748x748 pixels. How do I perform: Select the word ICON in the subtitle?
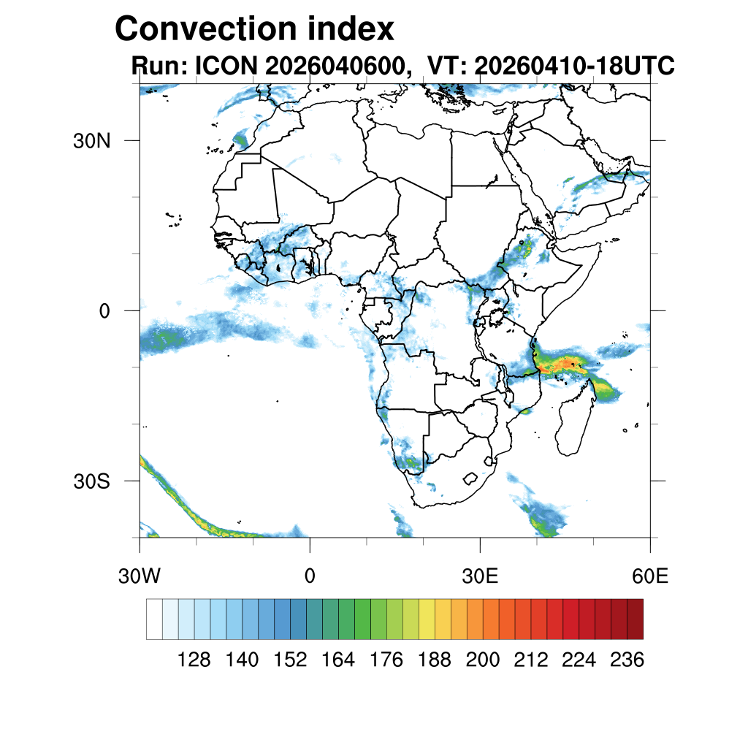click(226, 65)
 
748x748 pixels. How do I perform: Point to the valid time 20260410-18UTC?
click(574, 65)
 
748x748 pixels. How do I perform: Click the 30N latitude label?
click(91, 141)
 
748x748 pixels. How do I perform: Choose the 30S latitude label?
click(91, 482)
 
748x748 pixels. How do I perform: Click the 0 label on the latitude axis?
click(104, 311)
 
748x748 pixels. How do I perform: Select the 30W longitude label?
click(140, 576)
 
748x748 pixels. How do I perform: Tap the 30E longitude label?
click(480, 576)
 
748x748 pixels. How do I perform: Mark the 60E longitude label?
click(650, 576)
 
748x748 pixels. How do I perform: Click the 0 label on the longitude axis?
click(310, 576)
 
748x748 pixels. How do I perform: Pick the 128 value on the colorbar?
click(194, 660)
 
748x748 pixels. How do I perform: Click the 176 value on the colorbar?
click(386, 660)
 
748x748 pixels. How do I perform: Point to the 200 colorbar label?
click(483, 660)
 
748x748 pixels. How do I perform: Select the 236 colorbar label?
click(627, 660)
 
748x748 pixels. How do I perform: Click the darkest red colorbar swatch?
click(636, 619)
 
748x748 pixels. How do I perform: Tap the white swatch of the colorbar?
click(155, 619)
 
